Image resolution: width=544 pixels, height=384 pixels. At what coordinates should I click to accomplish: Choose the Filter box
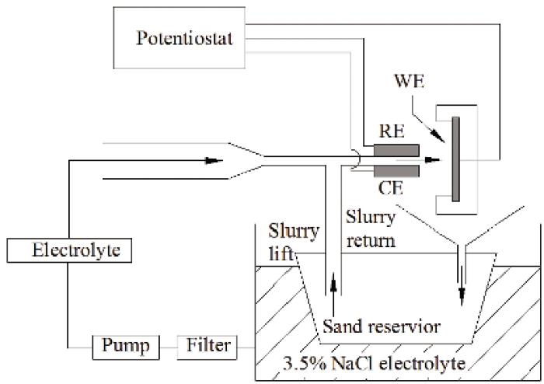(x=208, y=344)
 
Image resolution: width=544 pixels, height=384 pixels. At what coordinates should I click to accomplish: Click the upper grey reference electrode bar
(x=396, y=150)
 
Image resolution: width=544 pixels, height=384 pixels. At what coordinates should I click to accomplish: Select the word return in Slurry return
(x=369, y=240)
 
